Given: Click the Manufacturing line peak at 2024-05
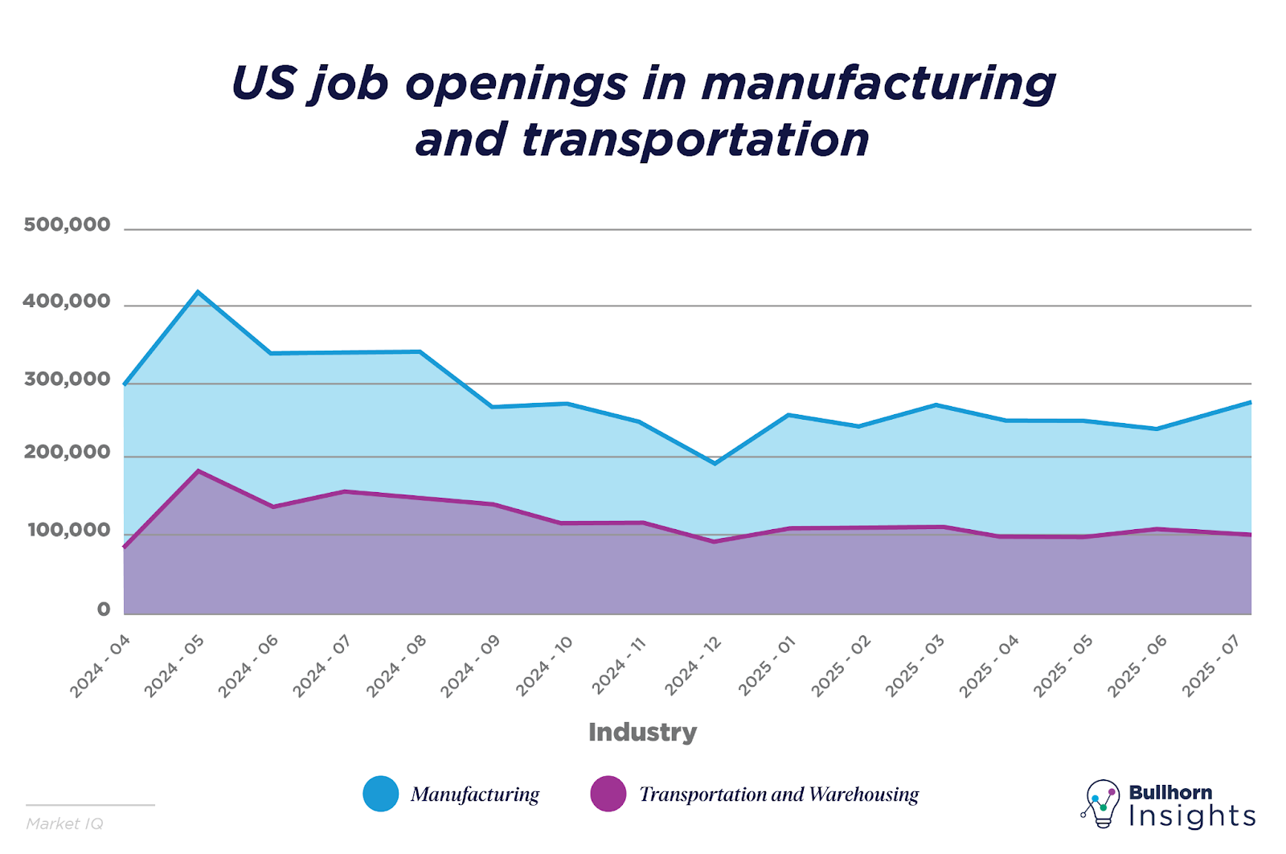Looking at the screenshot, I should pyautogui.click(x=199, y=292).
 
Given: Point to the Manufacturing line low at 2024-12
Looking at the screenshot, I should pyautogui.click(x=715, y=463).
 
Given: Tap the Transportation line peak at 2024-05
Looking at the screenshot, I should pyautogui.click(x=199, y=470).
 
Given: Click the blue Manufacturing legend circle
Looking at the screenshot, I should pyautogui.click(x=380, y=794).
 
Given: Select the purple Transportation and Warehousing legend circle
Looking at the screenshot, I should pyautogui.click(x=608, y=794).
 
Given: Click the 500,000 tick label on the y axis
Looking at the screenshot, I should pyautogui.click(x=67, y=225).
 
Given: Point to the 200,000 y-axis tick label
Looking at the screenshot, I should pyautogui.click(x=67, y=453).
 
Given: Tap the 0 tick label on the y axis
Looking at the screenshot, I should pyautogui.click(x=104, y=610).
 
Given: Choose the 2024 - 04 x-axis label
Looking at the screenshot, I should pyautogui.click(x=100, y=666).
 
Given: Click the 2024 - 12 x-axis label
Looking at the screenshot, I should pyautogui.click(x=693, y=666).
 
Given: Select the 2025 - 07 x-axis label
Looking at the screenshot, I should pyautogui.click(x=1211, y=666).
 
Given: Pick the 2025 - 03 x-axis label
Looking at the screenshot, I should pyautogui.click(x=915, y=666).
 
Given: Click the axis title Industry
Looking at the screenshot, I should pyautogui.click(x=642, y=732).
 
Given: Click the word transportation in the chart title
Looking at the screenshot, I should pyautogui.click(x=695, y=139).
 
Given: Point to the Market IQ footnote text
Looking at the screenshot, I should pyautogui.click(x=64, y=823).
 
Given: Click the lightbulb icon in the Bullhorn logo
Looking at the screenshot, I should pyautogui.click(x=1102, y=803).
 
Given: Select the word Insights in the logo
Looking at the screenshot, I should pyautogui.click(x=1192, y=816).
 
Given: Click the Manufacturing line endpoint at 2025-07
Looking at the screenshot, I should pyautogui.click(x=1251, y=401).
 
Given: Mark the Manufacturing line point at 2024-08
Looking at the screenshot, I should pyautogui.click(x=420, y=351).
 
